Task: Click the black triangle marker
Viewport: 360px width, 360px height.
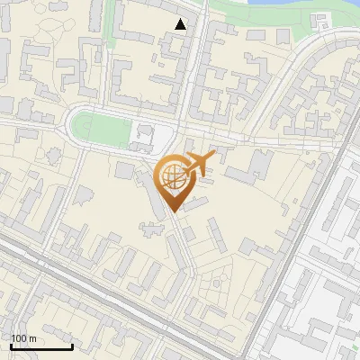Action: pyautogui.click(x=181, y=24)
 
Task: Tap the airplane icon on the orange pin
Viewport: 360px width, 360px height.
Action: pyautogui.click(x=198, y=165)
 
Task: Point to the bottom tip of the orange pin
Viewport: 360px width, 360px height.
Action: pyautogui.click(x=171, y=211)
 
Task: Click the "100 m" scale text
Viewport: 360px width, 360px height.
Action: pyautogui.click(x=24, y=338)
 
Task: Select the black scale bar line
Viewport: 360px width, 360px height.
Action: pyautogui.click(x=41, y=346)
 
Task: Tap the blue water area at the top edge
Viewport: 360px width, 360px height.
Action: pyautogui.click(x=270, y=4)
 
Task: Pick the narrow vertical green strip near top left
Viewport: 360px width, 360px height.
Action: pyautogui.click(x=112, y=22)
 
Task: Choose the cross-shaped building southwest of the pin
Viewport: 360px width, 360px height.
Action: pyautogui.click(x=150, y=227)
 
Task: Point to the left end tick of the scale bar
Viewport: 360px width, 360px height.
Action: pyautogui.click(x=11, y=345)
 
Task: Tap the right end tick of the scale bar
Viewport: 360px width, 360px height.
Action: pyautogui.click(x=72, y=345)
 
